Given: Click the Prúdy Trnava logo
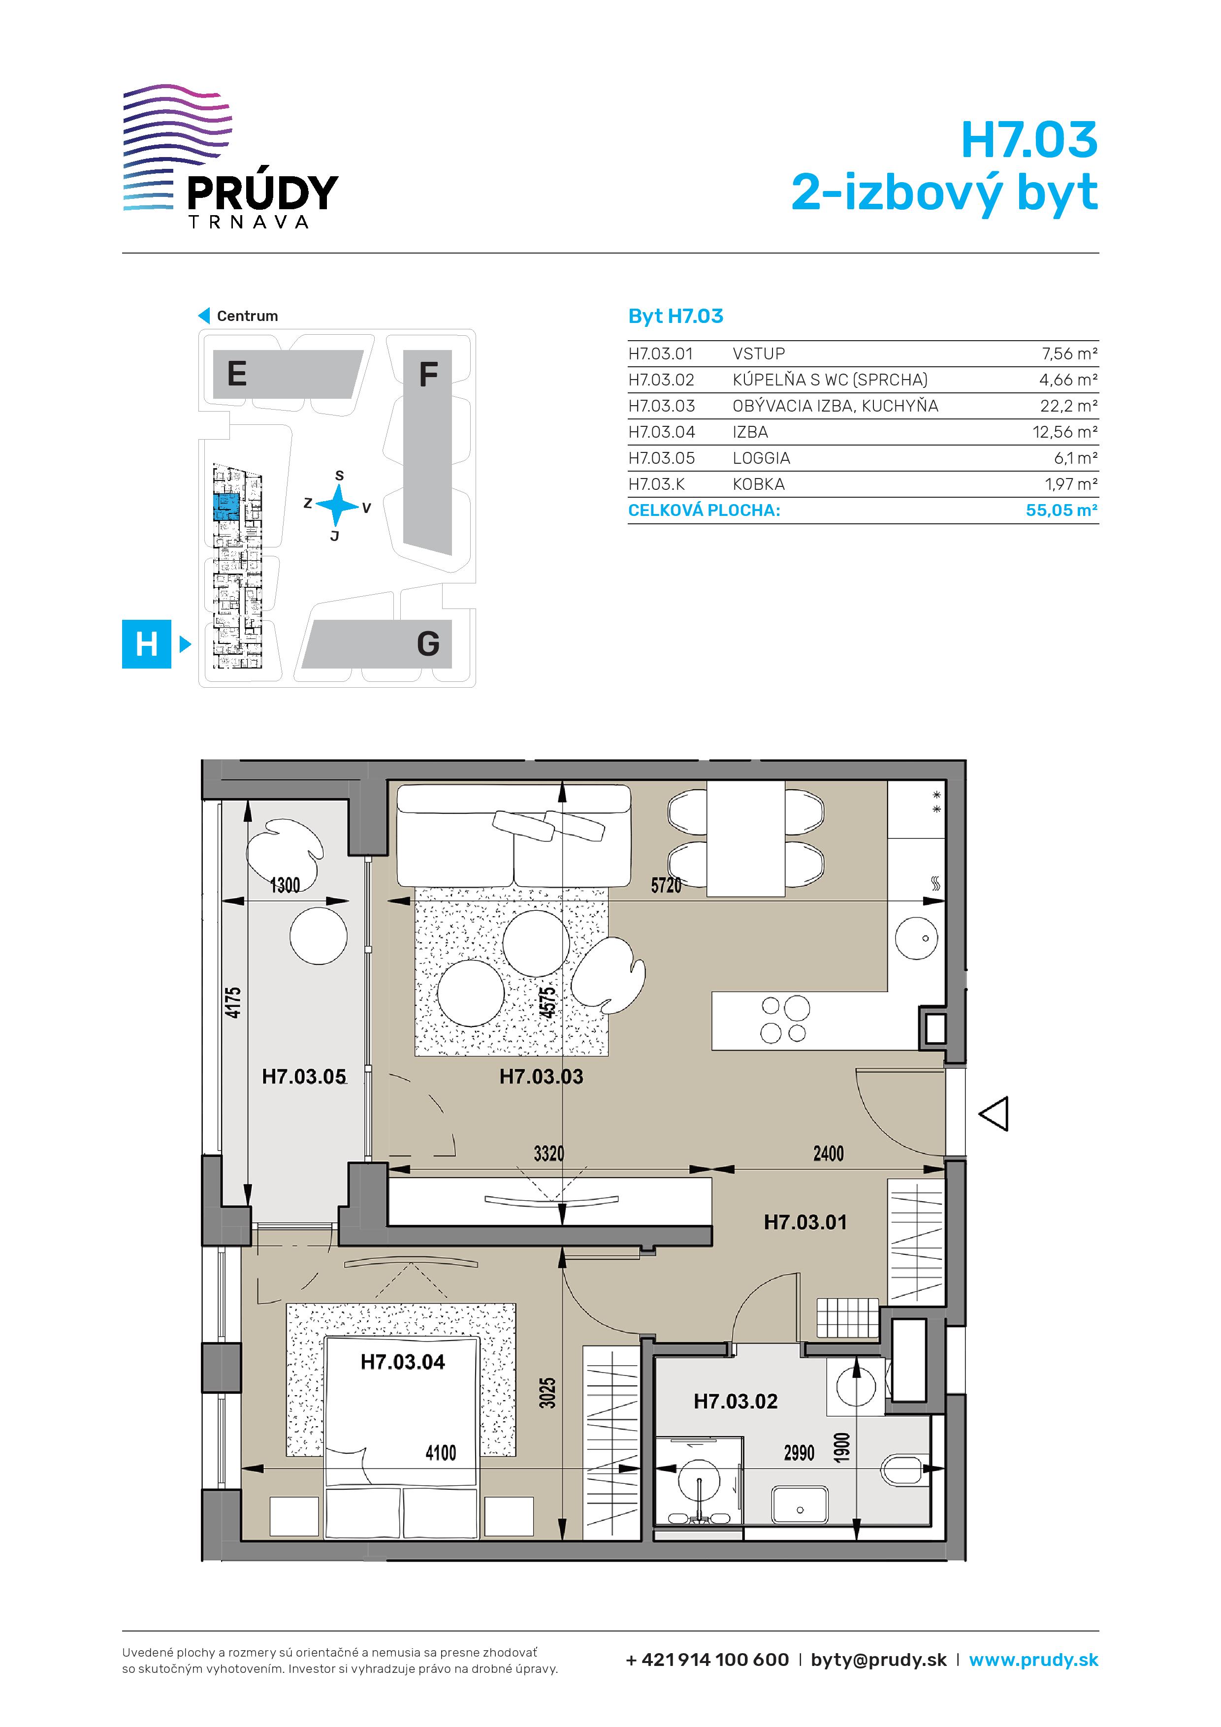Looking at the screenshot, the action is point(230,157).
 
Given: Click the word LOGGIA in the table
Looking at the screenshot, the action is point(761,458).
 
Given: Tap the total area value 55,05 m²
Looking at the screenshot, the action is point(1061,510).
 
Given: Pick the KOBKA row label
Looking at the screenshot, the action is point(758,484).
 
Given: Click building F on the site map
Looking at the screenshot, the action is point(428,451).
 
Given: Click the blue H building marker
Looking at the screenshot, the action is point(147,644).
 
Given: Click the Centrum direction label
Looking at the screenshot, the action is point(247,316).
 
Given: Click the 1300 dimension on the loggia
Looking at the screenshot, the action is point(285,885).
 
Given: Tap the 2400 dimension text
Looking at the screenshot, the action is point(828,1153).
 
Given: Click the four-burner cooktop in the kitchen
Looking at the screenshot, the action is point(785,1020).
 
